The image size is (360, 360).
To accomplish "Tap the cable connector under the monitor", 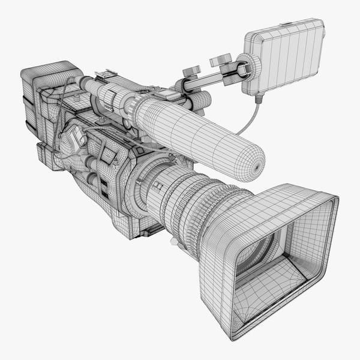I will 259,97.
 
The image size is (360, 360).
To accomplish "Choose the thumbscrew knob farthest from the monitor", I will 191,70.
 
